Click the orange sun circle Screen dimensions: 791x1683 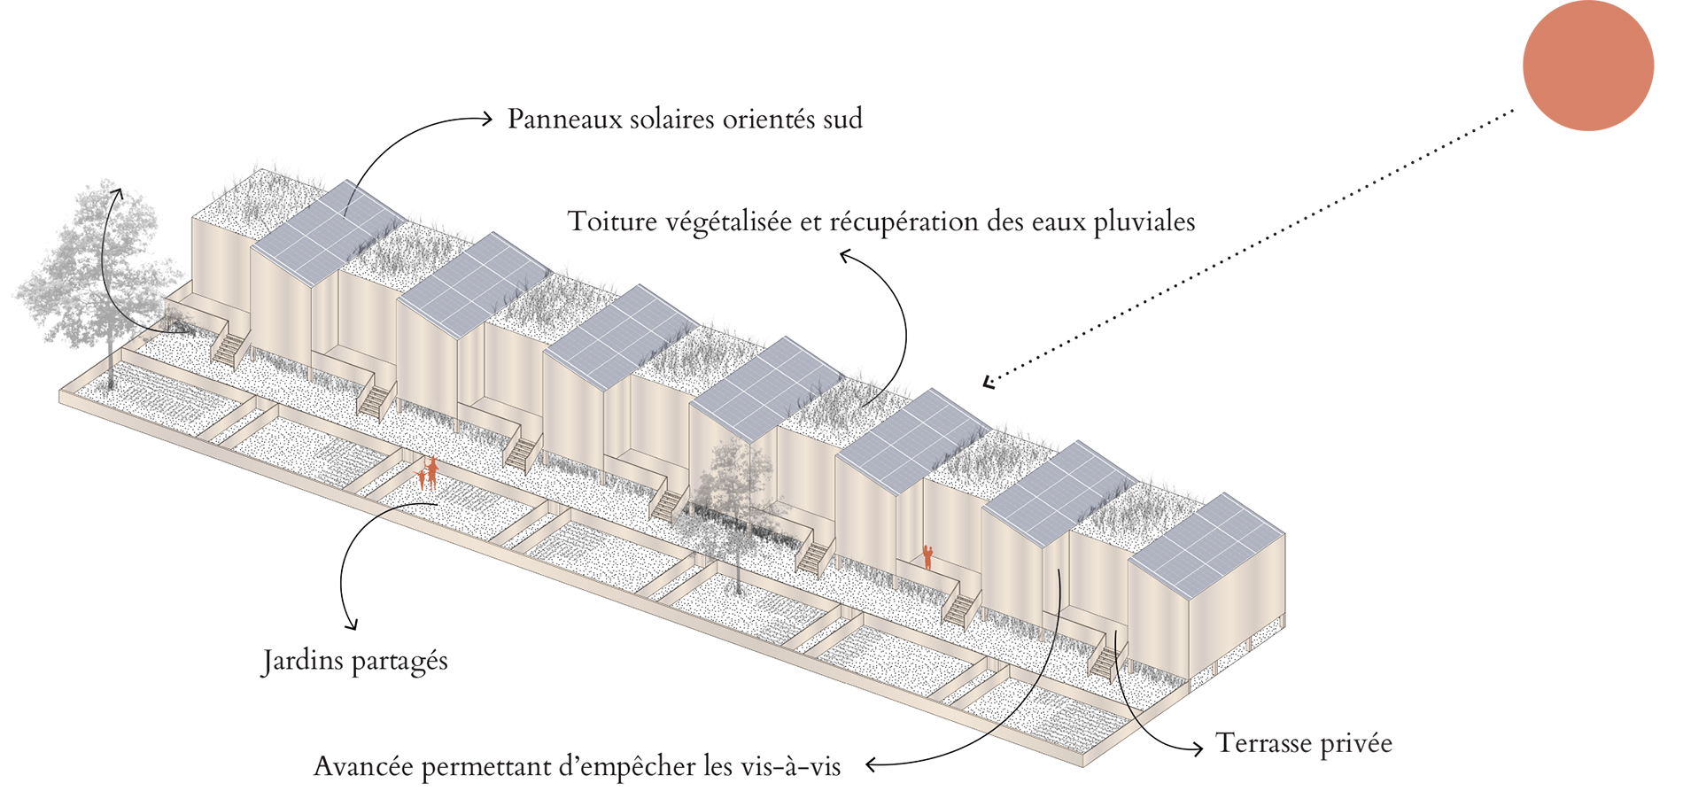[1587, 66]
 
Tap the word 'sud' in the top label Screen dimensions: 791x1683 [842, 120]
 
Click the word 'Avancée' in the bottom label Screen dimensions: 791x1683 [363, 765]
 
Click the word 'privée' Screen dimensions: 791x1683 [1356, 744]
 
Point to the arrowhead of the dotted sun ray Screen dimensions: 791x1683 [989, 382]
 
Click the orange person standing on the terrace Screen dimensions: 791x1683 [927, 556]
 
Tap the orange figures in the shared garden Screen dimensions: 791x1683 [428, 474]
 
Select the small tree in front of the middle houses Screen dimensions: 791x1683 [733, 496]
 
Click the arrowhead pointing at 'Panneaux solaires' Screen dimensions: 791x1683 [486, 118]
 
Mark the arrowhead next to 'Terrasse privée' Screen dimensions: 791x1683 [1198, 748]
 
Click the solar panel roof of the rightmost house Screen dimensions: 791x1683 [1206, 542]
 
